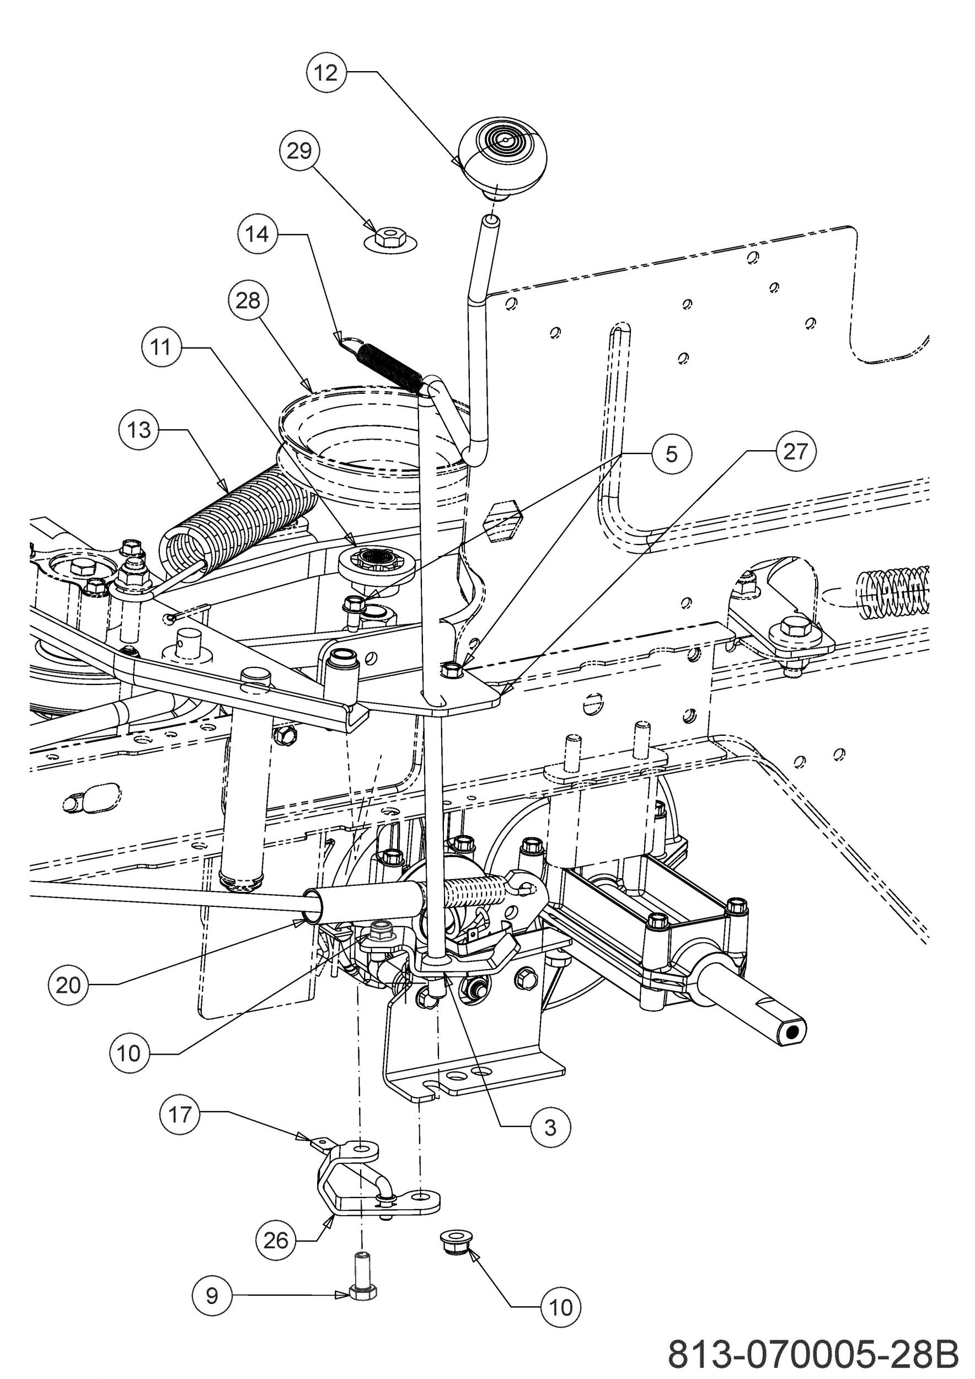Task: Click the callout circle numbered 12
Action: click(x=326, y=73)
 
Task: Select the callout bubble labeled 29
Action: click(x=299, y=150)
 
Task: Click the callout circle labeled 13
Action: click(x=140, y=430)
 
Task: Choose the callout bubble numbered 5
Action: click(x=671, y=454)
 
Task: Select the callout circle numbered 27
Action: click(x=795, y=451)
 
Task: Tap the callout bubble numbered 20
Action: click(x=68, y=985)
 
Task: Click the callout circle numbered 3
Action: click(x=550, y=1128)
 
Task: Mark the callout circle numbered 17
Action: click(x=180, y=1115)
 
